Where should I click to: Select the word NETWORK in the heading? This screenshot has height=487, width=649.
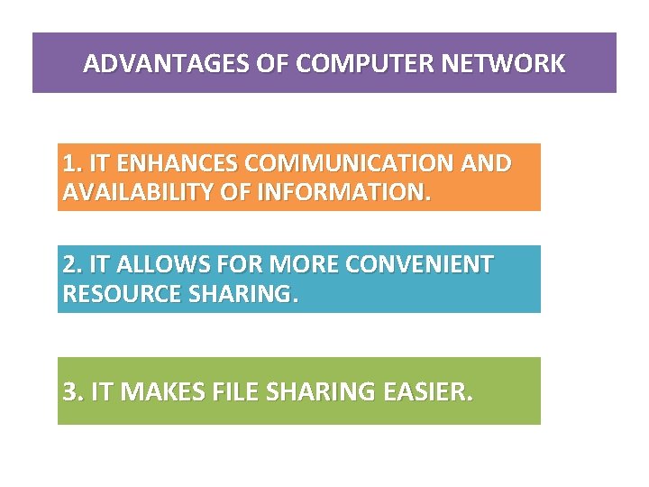click(x=515, y=64)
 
